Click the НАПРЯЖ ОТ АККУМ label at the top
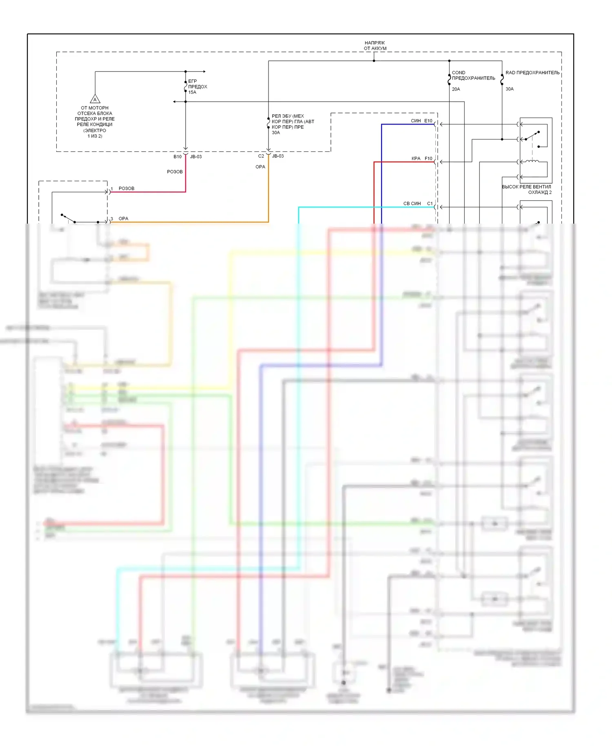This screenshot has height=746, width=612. [375, 45]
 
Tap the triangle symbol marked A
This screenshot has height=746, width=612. [95, 99]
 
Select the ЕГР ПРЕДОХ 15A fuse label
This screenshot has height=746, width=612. [197, 87]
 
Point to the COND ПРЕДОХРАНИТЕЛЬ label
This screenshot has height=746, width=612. [473, 75]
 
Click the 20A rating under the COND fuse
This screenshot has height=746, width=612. [456, 89]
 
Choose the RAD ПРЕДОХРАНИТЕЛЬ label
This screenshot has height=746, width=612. [532, 73]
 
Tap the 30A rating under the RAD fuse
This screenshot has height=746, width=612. [510, 89]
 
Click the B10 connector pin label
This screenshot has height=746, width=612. [177, 157]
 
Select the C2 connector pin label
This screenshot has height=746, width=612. [261, 156]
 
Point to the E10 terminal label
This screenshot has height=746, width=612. [428, 121]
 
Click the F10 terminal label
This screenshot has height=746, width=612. [428, 158]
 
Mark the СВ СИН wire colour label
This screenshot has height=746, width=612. [412, 203]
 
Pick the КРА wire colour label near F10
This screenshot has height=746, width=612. [416, 158]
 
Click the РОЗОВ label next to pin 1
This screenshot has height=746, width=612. [126, 188]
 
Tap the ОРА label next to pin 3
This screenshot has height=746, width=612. [123, 219]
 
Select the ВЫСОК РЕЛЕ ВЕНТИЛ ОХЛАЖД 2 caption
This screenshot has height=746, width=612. [527, 189]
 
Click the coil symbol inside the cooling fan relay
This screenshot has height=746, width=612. [532, 162]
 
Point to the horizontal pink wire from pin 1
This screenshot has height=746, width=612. [147, 192]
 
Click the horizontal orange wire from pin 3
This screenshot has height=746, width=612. [188, 222]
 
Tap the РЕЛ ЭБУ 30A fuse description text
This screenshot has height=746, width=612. [293, 124]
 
